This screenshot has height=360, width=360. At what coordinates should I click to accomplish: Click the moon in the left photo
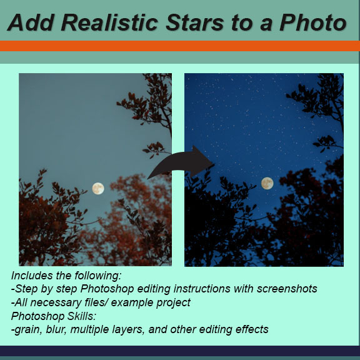pos(98,187)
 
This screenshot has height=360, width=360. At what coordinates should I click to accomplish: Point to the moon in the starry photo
pos(267,183)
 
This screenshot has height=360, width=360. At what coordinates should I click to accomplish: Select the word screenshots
pos(287,289)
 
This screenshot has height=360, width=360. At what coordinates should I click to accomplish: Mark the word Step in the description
pos(26,289)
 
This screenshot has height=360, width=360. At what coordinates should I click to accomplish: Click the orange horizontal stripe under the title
pos(180,46)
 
